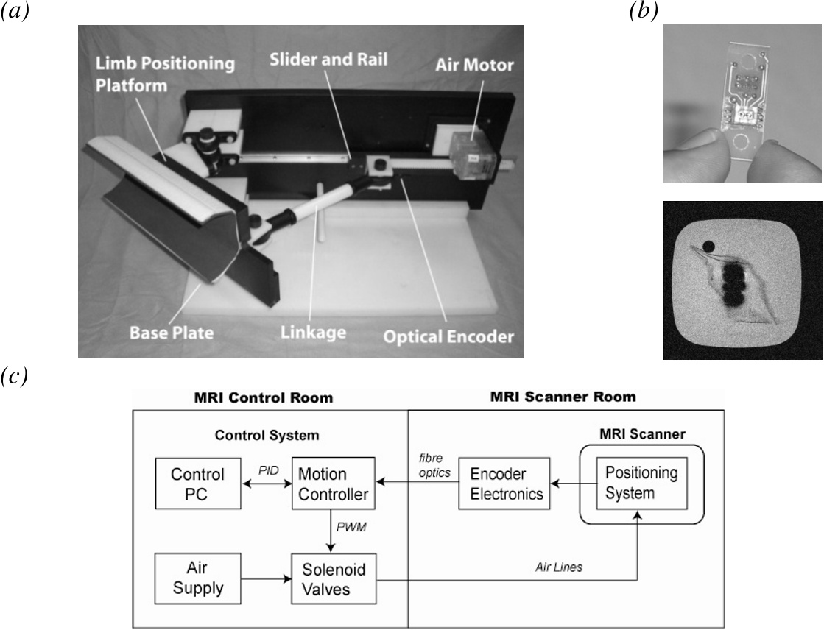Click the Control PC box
(x=197, y=483)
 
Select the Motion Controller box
(x=333, y=483)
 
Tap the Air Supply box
(x=197, y=580)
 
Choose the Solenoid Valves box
(x=333, y=580)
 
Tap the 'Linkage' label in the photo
(x=314, y=333)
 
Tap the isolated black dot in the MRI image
(x=708, y=246)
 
